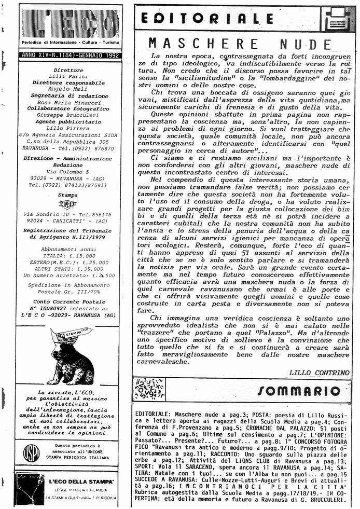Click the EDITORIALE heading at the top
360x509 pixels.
[x=207, y=20]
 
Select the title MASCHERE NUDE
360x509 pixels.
[x=239, y=44]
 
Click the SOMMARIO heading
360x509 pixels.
[x=299, y=391]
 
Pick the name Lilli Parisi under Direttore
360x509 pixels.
[x=67, y=76]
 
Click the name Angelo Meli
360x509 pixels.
[x=67, y=89]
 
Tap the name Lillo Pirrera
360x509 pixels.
[x=67, y=128]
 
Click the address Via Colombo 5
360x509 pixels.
[x=67, y=171]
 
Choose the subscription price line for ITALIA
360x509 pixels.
[x=67, y=256]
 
